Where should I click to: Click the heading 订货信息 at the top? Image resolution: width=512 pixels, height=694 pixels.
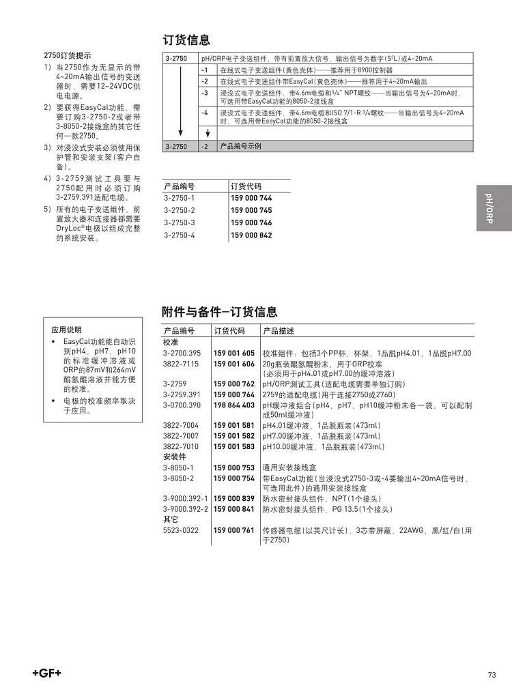pyautogui.click(x=186, y=40)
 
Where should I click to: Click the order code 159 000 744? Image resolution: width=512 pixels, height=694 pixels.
pyautogui.click(x=251, y=198)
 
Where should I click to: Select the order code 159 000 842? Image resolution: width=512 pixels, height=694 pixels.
pyautogui.click(x=251, y=235)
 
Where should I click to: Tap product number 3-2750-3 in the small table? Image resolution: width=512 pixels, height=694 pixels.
pyautogui.click(x=179, y=222)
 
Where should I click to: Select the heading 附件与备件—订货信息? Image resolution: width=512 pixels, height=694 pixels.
pyautogui.click(x=219, y=312)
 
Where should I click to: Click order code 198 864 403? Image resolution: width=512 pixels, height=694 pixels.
pyautogui.click(x=233, y=405)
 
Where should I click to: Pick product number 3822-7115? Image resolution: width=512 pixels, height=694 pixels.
pyautogui.click(x=181, y=364)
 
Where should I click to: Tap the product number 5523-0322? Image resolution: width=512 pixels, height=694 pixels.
pyautogui.click(x=181, y=530)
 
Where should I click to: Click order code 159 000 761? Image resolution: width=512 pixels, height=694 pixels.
pyautogui.click(x=233, y=530)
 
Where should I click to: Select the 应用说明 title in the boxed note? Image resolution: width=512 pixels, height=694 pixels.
pyautogui.click(x=66, y=330)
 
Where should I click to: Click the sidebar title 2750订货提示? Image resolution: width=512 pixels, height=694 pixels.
pyautogui.click(x=67, y=56)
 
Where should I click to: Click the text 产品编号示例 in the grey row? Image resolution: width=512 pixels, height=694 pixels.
pyautogui.click(x=240, y=146)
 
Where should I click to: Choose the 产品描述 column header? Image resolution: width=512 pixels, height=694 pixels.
pyautogui.click(x=279, y=331)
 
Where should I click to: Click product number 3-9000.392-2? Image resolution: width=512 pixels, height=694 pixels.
pyautogui.click(x=186, y=509)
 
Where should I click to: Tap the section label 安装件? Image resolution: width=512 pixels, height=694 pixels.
pyautogui.click(x=174, y=457)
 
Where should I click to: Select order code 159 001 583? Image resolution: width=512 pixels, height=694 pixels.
pyautogui.click(x=233, y=446)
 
